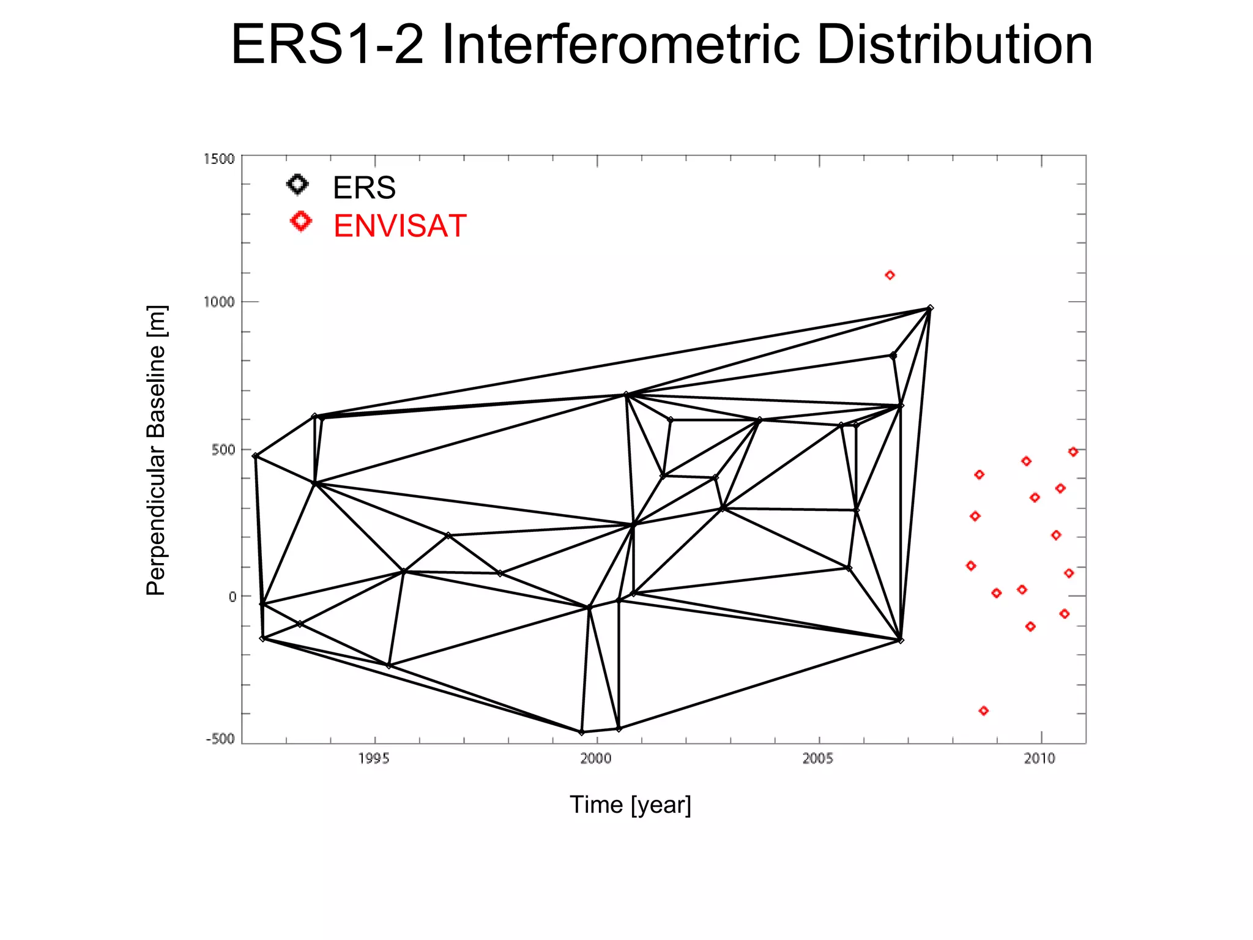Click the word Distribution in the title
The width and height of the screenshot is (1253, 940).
[x=954, y=45]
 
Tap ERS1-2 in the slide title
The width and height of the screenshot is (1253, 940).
[x=327, y=45]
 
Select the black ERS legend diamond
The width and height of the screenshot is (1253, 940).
[x=298, y=185]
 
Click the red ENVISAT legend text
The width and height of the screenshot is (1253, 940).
[x=400, y=226]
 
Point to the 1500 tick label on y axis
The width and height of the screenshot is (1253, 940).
[x=219, y=159]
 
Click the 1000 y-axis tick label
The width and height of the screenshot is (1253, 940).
[x=219, y=302]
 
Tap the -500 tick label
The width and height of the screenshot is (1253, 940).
[x=220, y=739]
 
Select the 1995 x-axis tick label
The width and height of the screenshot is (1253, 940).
[x=374, y=759]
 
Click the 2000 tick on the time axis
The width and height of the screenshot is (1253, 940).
[x=596, y=759]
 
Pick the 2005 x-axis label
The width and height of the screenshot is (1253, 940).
[x=818, y=759]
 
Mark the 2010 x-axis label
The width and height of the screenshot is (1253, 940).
[x=1040, y=759]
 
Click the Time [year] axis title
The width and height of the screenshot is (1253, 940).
[x=630, y=805]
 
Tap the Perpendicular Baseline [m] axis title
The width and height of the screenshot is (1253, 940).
[x=156, y=450]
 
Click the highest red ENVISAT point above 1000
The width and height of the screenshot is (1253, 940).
[x=890, y=275]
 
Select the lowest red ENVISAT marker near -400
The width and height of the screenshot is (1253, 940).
[x=984, y=711]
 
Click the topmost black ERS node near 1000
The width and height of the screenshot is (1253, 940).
[x=930, y=308]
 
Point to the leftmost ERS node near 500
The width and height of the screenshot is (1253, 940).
[x=256, y=456]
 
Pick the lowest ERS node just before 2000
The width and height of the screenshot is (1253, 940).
[x=582, y=732]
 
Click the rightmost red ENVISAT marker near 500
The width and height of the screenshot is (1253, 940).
[x=1073, y=452]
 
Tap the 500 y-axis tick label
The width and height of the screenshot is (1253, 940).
[x=223, y=450]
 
